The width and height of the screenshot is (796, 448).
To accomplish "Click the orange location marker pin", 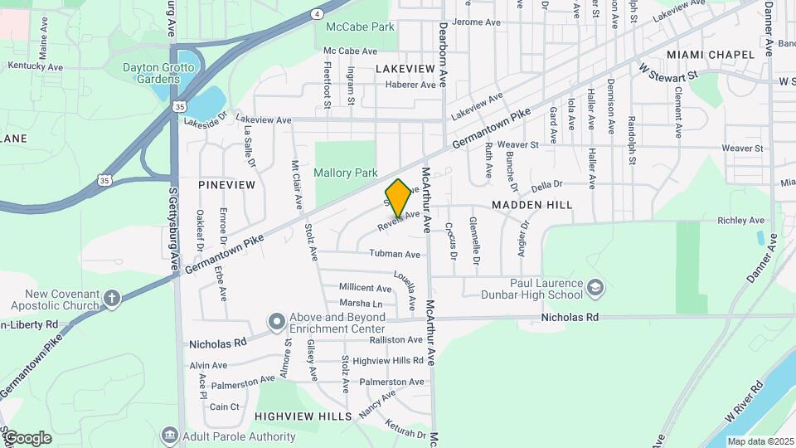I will (x=399, y=197).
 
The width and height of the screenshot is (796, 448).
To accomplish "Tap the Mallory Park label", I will (x=346, y=173).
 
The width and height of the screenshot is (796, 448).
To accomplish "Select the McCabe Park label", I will (x=360, y=27).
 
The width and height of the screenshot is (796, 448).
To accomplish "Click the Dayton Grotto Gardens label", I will (x=152, y=73).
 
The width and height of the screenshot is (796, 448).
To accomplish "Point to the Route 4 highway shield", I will (x=318, y=14).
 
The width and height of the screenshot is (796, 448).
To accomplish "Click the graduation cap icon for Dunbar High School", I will (x=595, y=289).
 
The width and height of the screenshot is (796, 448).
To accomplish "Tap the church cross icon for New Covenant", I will (x=112, y=297).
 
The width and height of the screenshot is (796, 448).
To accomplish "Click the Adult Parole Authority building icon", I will (x=169, y=436).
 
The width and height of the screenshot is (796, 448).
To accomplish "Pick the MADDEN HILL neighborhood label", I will (x=531, y=204).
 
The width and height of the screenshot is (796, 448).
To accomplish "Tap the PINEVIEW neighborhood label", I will (x=226, y=184).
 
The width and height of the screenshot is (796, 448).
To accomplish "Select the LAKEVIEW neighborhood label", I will (x=405, y=68).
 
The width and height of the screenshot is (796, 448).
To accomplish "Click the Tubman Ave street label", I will (x=395, y=254).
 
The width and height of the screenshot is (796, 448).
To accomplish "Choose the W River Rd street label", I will (x=743, y=400).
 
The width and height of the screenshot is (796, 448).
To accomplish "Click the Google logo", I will (x=27, y=438).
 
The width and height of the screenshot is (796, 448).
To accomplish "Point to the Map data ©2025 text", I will (x=760, y=441).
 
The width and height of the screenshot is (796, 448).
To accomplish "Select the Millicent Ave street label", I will (x=365, y=288).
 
